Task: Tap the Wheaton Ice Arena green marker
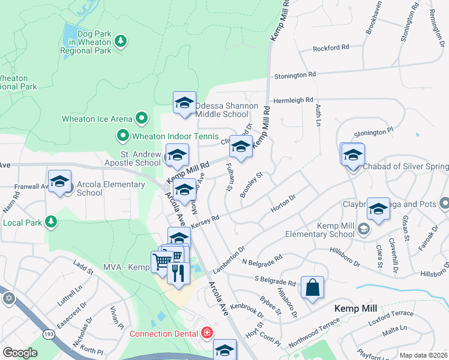point(142,119)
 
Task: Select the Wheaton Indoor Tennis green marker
point(123,136)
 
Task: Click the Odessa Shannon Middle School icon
point(185,103)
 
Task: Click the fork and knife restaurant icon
point(178,274)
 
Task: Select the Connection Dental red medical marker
point(207,332)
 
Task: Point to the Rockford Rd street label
point(331,48)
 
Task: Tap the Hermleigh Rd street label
point(294,100)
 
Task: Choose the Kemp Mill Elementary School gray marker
point(363,229)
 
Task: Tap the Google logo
point(20,353)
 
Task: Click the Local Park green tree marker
point(52,222)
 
